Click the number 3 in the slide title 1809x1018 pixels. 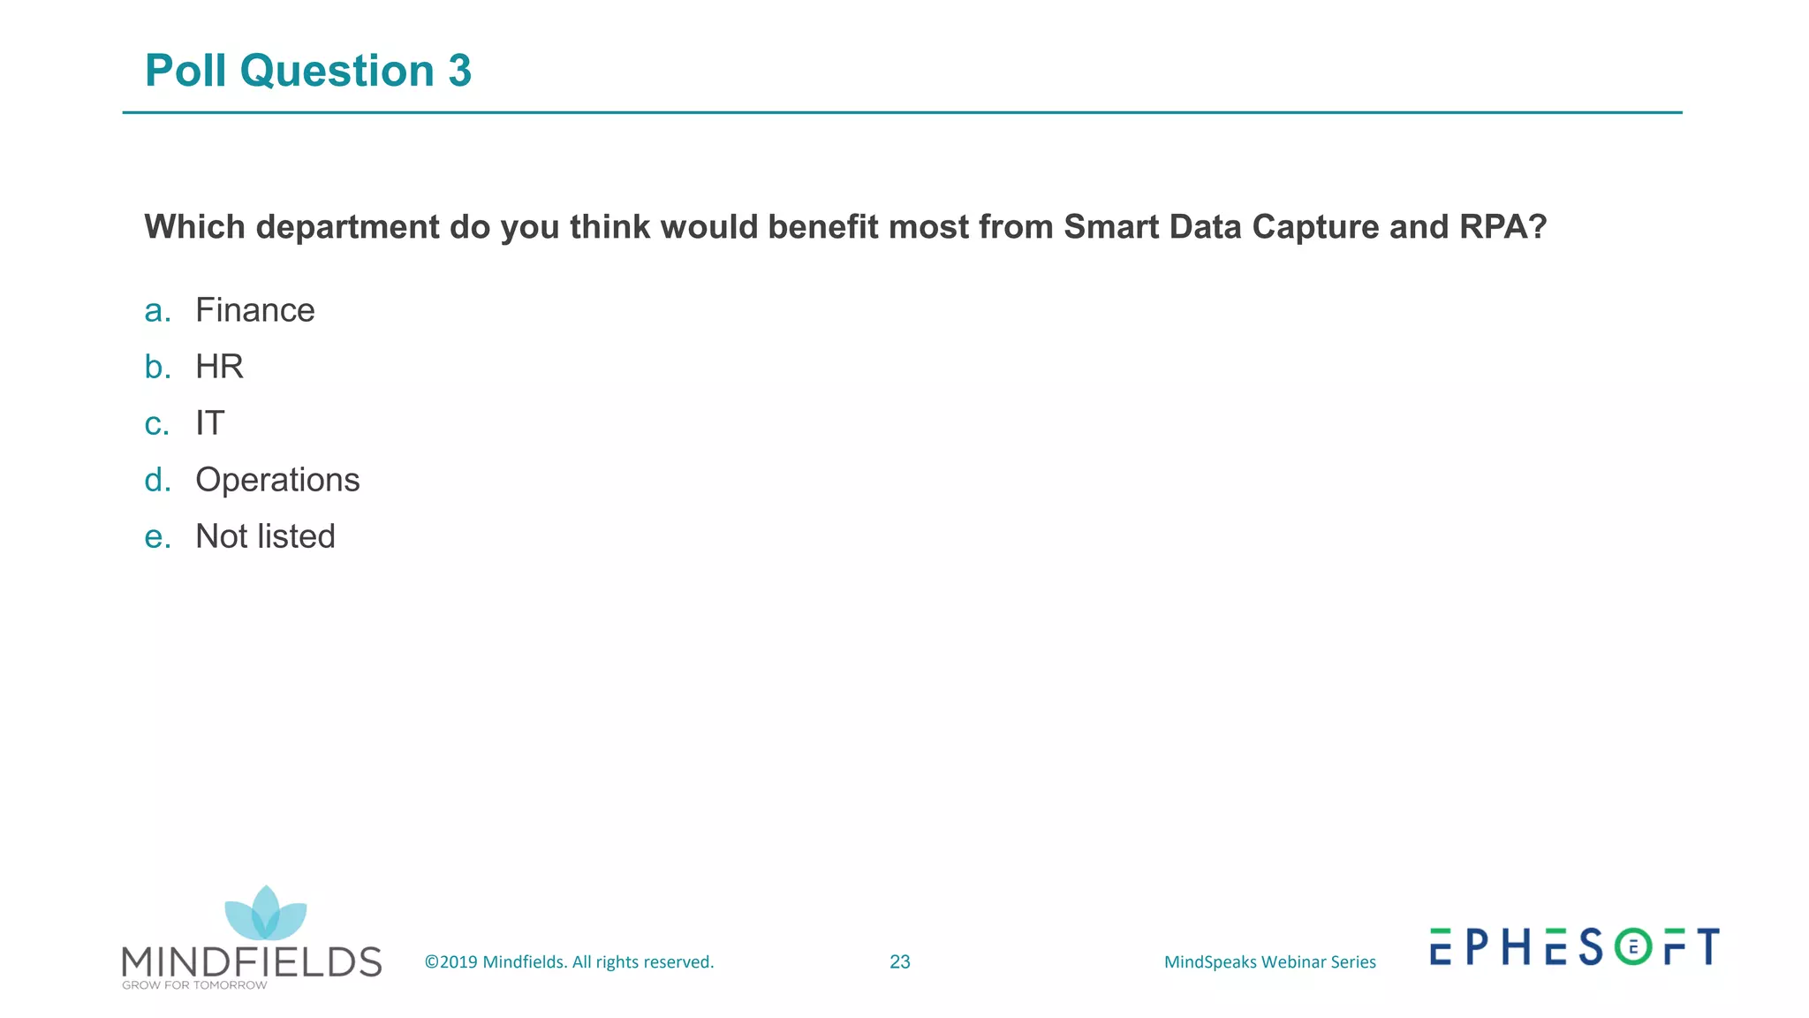[459, 71]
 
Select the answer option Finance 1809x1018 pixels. [254, 310]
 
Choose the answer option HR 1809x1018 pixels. [219, 367]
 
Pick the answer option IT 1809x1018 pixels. [210, 423]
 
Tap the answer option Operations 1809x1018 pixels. [277, 480]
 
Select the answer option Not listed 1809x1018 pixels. [265, 536]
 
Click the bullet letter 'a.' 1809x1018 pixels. [157, 310]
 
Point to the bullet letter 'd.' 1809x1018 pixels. [157, 480]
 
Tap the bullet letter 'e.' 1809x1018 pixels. [157, 536]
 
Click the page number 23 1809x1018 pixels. [899, 961]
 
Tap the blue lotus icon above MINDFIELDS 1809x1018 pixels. [265, 914]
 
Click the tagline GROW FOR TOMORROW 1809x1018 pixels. [194, 985]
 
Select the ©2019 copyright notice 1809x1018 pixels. [569, 961]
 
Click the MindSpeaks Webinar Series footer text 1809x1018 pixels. [1269, 961]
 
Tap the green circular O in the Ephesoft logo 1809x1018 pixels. [1633, 946]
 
